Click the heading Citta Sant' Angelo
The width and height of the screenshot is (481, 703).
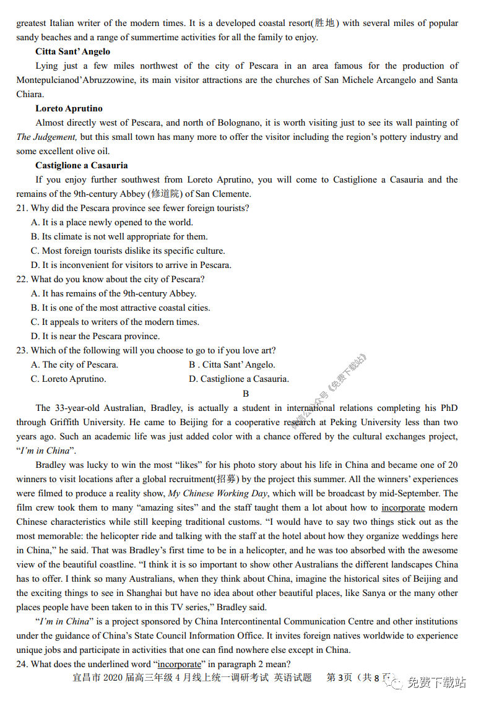[72, 51]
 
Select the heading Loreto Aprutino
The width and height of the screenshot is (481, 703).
[69, 108]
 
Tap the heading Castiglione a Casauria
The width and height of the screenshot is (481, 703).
[81, 165]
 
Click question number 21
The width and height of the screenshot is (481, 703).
[22, 208]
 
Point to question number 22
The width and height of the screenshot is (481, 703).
[22, 279]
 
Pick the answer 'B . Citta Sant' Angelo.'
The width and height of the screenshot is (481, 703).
[232, 364]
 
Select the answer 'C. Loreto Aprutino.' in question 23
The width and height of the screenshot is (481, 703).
[68, 379]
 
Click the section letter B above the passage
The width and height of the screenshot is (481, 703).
[246, 394]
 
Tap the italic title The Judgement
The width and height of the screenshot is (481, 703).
[46, 137]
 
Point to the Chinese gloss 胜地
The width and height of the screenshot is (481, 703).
[324, 23]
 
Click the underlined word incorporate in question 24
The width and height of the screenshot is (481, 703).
[181, 664]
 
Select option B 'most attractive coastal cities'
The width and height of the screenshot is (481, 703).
[120, 308]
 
